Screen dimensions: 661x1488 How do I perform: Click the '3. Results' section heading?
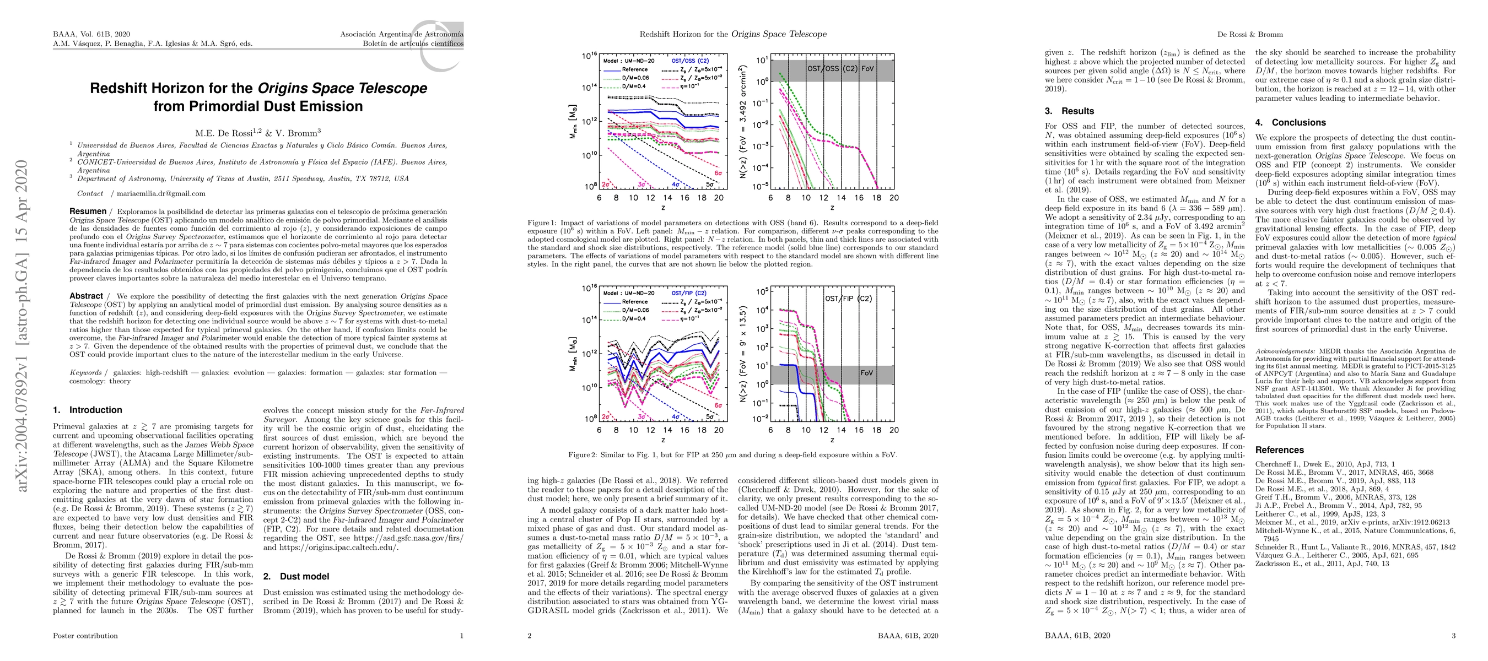pos(1069,111)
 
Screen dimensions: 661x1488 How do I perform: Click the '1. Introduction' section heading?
pos(87,410)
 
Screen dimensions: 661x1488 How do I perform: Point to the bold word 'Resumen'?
pos(88,212)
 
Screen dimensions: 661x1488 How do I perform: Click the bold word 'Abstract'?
pos(86,296)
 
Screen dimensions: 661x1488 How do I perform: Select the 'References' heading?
pos(1280,449)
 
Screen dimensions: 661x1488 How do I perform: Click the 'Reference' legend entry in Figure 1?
pos(634,69)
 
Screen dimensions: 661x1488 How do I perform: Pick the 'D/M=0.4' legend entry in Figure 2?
pos(633,318)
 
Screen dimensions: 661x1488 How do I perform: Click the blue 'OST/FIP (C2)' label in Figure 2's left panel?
pos(688,293)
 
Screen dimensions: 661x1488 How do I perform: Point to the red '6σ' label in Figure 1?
pos(718,172)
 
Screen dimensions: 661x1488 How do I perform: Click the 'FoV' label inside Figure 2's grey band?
pos(866,373)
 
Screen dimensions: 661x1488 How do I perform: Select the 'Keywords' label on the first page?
pos(85,372)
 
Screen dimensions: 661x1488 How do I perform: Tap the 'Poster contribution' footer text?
pos(85,636)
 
